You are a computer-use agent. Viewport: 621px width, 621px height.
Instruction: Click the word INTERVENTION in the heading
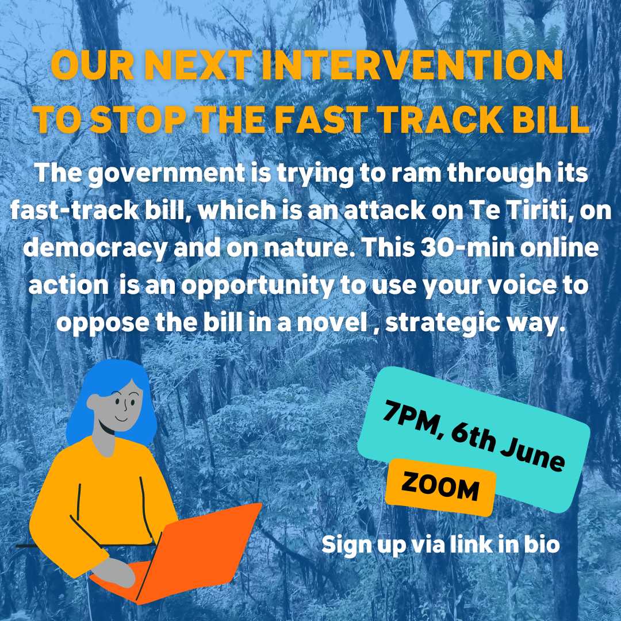click(x=412, y=66)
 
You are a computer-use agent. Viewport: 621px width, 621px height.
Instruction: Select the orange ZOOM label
click(x=440, y=488)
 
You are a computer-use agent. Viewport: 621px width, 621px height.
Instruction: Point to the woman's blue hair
click(x=111, y=400)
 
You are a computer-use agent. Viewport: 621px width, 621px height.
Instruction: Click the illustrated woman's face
click(x=120, y=407)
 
